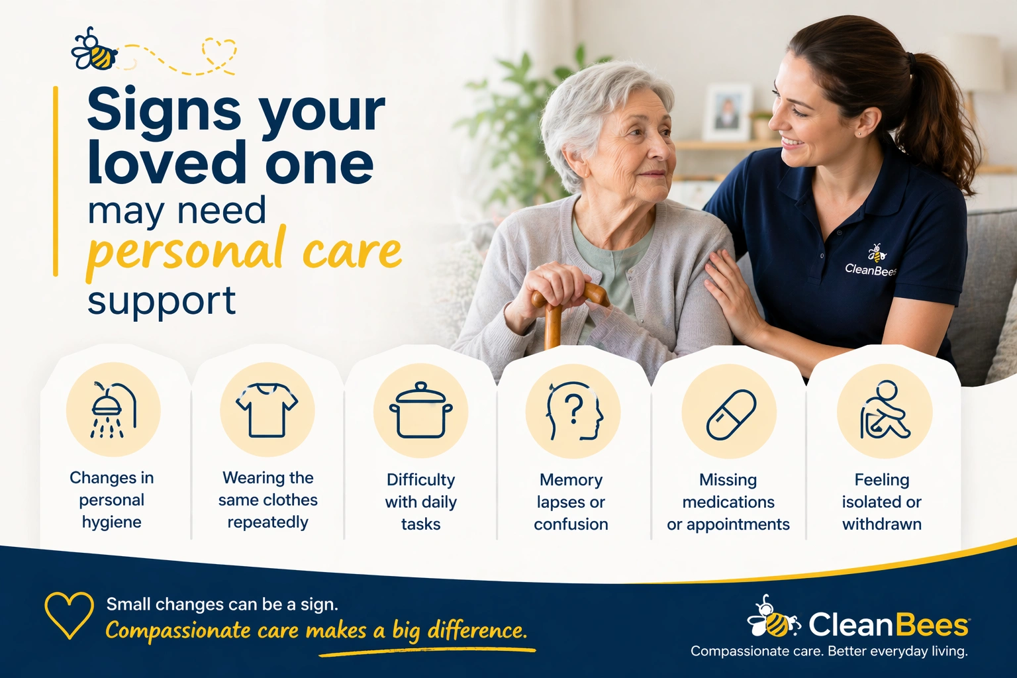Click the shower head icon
tap(113, 410)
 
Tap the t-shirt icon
tap(267, 410)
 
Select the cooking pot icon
tap(420, 411)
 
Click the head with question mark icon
tap(573, 411)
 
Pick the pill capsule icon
tap(730, 414)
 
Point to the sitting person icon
tap(884, 411)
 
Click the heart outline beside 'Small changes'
tap(69, 614)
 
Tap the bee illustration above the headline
tap(94, 50)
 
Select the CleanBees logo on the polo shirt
tap(871, 262)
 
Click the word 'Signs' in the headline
tap(164, 111)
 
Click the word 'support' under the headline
tap(162, 301)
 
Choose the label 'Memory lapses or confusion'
tap(571, 502)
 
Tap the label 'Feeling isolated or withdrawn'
tap(881, 502)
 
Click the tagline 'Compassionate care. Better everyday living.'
tap(828, 652)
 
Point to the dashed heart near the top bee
tap(218, 53)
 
